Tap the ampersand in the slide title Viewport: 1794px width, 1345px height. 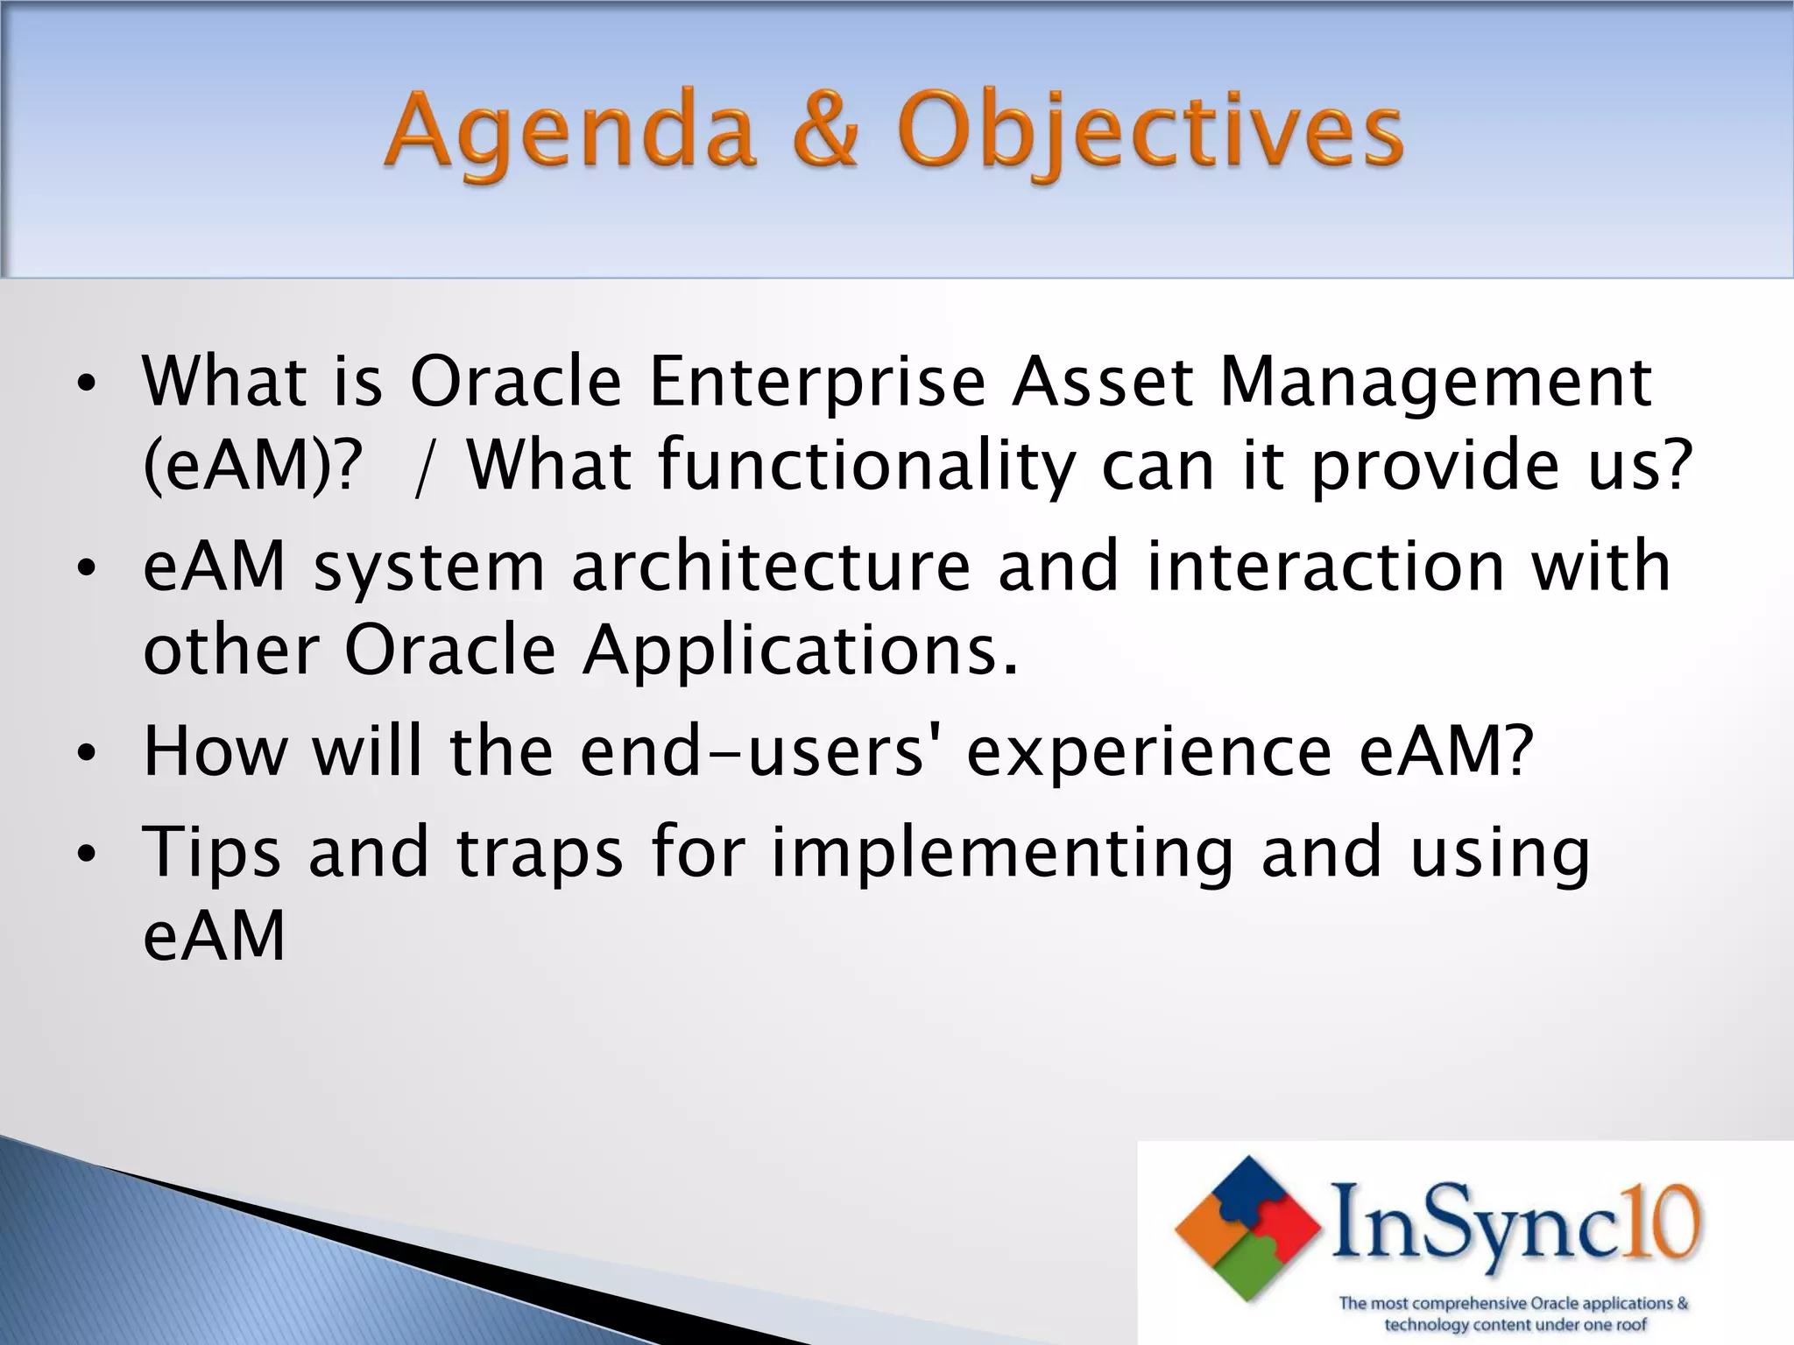(x=826, y=131)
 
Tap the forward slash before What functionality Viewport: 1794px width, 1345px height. (x=424, y=468)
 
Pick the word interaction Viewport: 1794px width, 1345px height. (x=1323, y=567)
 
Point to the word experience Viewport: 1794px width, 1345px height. (x=1148, y=751)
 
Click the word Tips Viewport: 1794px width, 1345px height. (x=211, y=853)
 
